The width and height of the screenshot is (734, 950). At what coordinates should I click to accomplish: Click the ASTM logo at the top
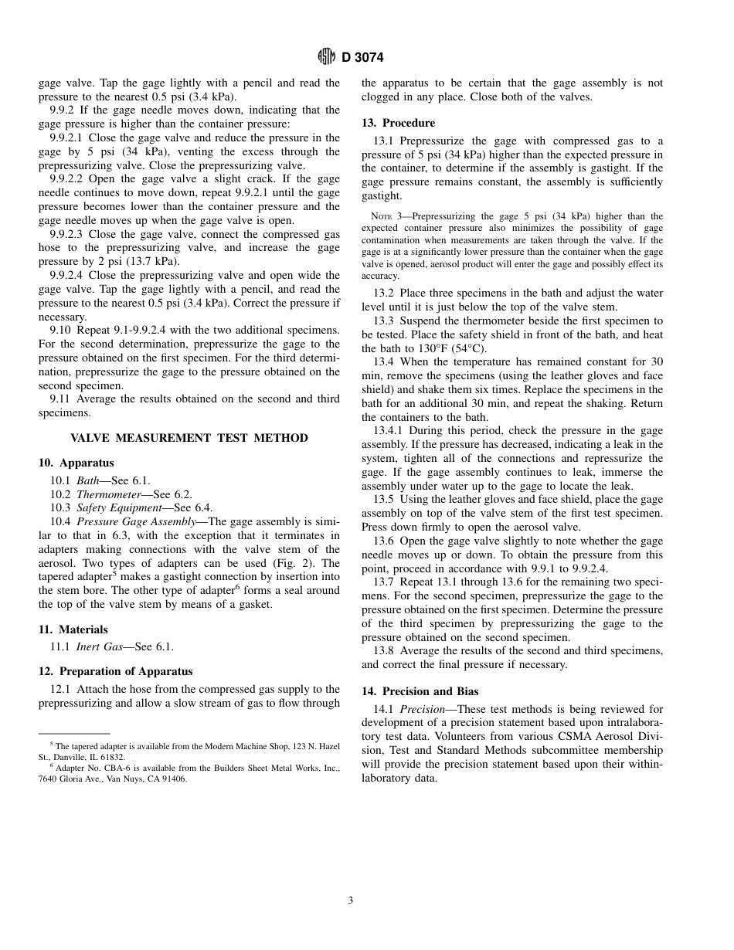[x=326, y=56]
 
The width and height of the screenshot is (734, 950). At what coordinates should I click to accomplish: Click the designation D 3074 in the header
[x=362, y=57]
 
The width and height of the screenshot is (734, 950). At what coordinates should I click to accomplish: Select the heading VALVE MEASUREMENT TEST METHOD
[x=189, y=438]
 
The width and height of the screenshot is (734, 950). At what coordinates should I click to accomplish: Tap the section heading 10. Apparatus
[x=76, y=463]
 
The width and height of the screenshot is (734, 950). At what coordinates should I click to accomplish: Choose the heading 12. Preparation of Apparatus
[x=115, y=671]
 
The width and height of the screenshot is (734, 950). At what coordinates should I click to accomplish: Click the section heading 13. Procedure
[x=398, y=123]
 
